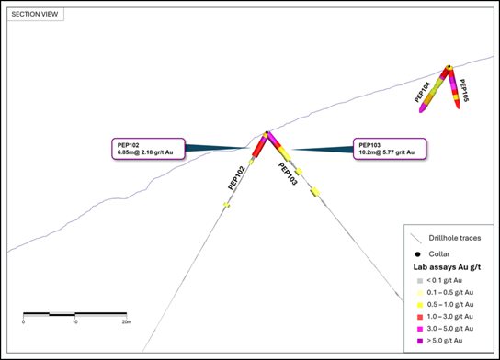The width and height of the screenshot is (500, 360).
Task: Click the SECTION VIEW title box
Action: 36,15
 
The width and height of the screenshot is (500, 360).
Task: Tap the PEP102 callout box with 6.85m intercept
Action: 148,149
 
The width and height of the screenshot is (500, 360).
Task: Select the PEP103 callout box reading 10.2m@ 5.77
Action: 390,149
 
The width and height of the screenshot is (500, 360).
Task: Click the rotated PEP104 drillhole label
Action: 422,92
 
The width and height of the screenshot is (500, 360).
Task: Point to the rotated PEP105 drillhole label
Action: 463,90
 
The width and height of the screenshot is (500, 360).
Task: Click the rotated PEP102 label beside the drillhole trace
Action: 236,178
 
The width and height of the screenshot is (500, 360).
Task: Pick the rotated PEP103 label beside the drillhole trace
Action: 288,174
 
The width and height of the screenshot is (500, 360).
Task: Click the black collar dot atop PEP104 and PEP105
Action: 449,67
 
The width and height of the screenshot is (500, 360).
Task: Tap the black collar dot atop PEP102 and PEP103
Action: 267,132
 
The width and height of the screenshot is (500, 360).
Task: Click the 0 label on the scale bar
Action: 23,322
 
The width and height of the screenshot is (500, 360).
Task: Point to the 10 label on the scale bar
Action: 75,322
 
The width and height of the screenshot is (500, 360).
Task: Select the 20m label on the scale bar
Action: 127,322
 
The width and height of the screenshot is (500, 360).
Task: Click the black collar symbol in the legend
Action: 417,254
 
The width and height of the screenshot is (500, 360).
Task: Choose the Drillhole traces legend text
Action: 455,238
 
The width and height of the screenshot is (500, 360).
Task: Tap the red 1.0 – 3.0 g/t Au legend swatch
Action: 420,317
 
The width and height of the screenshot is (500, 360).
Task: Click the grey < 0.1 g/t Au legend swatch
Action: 420,281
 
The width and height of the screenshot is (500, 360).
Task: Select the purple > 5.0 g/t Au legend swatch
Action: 420,342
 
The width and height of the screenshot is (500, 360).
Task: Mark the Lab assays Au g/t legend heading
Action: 447,267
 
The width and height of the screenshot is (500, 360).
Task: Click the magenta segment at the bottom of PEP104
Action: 424,107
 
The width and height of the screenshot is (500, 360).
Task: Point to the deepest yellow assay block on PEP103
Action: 315,192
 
